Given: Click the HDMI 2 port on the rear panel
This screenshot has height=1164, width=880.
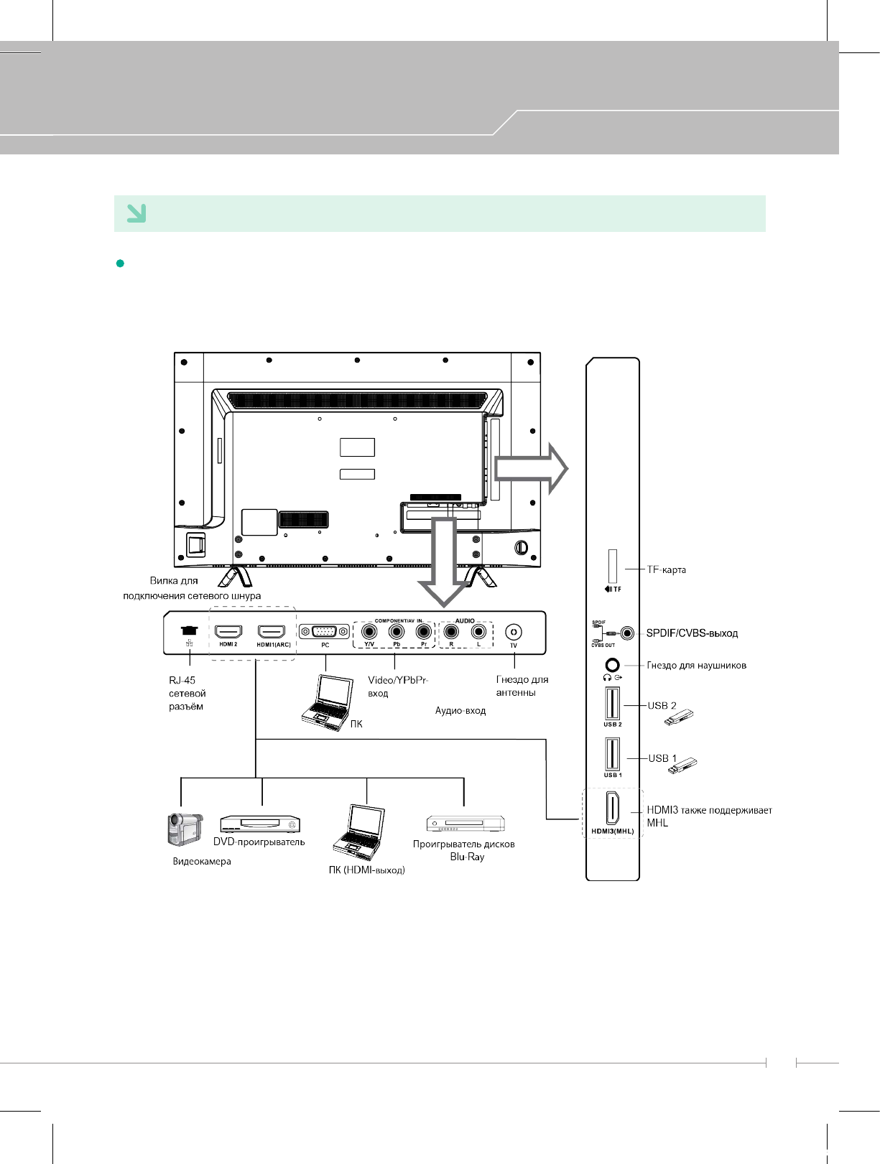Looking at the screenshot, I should [228, 632].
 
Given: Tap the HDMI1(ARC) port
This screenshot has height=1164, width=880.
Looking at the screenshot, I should [272, 632].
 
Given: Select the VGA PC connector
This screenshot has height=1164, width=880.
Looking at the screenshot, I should [325, 632].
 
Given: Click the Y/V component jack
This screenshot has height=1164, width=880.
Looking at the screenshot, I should [370, 632].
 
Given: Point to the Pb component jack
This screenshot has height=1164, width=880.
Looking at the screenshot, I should [397, 632].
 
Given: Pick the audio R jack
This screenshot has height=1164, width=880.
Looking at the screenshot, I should [451, 632].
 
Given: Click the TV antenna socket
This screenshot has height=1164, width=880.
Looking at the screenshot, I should [513, 632].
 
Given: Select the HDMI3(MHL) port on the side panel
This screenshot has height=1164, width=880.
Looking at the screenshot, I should [612, 809].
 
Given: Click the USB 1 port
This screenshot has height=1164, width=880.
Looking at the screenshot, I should [612, 754].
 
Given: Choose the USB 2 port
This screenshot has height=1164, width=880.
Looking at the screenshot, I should [612, 704].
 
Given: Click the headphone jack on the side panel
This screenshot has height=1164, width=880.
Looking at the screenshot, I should [612, 666].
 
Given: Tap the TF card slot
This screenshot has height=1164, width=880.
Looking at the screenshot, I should [613, 567].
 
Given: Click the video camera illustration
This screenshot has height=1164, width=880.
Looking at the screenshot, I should [185, 830].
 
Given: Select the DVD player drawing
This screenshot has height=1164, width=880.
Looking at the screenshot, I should [260, 824].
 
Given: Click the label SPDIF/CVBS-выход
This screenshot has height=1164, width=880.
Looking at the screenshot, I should [692, 633].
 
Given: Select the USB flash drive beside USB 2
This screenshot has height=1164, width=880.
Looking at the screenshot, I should [678, 717].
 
